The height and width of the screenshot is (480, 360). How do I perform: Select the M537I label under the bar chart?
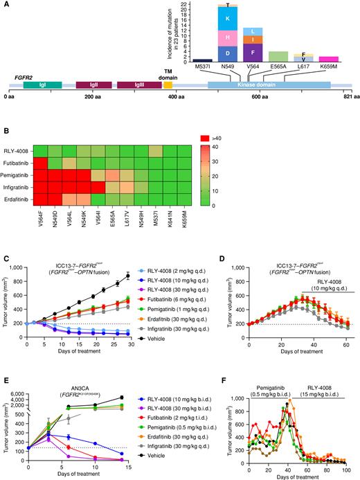pyautogui.click(x=202, y=68)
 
